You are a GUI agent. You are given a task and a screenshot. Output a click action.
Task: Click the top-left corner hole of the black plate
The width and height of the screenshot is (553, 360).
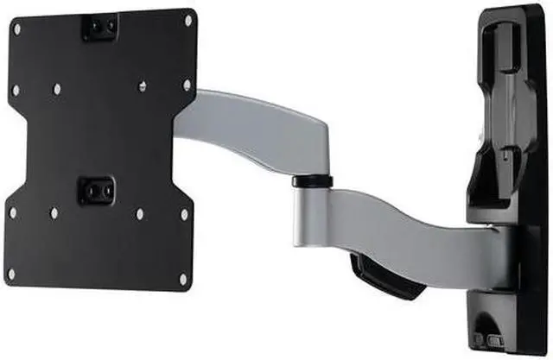pyautogui.click(x=16, y=29)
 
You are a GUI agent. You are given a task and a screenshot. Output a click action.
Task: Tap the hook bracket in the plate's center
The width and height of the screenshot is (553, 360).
pyautogui.click(x=96, y=188)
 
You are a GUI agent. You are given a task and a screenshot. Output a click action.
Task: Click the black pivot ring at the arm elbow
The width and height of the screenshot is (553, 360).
pyautogui.click(x=313, y=181)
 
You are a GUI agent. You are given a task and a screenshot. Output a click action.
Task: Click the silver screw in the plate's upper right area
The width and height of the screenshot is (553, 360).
pyautogui.click(x=143, y=85)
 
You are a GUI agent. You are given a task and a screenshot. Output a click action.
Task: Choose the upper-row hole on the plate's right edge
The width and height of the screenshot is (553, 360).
pyautogui.click(x=187, y=85)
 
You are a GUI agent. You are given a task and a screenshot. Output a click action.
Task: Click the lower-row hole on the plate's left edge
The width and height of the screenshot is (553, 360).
pyautogui.click(x=12, y=212)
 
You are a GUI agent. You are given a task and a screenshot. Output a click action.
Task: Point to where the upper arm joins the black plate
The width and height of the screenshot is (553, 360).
pyautogui.click(x=186, y=129)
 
